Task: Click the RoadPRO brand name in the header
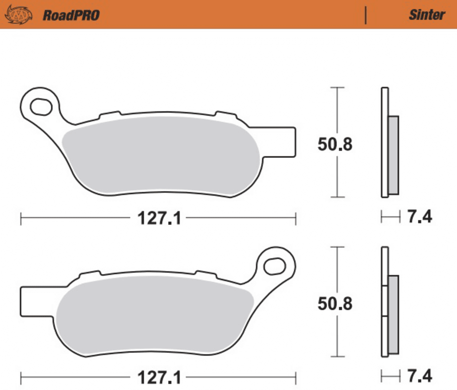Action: click(71, 15)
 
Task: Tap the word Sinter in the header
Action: click(426, 15)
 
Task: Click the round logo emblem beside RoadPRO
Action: click(18, 15)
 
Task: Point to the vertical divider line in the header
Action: click(366, 15)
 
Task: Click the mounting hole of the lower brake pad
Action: click(274, 266)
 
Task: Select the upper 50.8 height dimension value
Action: click(335, 145)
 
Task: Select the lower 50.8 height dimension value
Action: click(335, 304)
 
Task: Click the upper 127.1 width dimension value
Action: click(159, 218)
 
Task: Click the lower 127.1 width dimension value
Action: click(159, 378)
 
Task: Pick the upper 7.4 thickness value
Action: click(419, 217)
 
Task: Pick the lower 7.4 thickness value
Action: click(419, 376)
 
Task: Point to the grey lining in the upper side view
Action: click(393, 155)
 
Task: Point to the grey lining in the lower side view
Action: click(393, 314)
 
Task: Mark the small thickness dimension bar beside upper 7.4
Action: click(391, 217)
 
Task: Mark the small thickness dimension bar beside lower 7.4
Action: click(391, 376)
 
